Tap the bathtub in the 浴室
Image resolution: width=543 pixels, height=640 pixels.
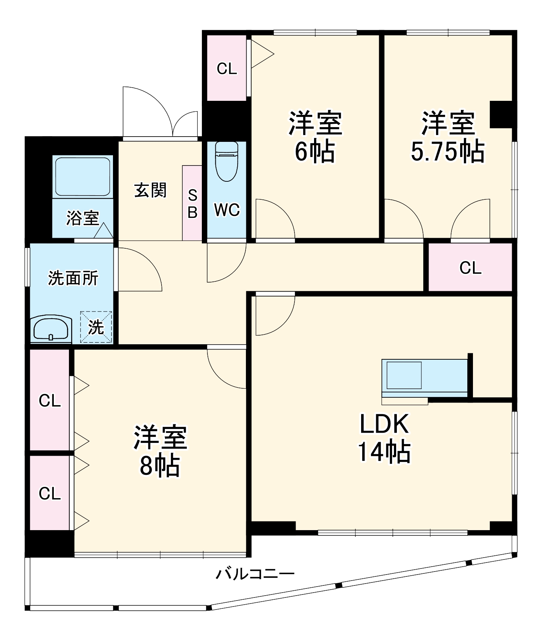[x=82, y=176]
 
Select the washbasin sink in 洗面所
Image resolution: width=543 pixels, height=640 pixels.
[x=51, y=329]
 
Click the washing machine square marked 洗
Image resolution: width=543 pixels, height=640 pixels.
[x=96, y=327]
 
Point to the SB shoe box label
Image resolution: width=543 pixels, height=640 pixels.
[x=192, y=204]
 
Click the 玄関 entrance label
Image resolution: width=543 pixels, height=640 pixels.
[x=150, y=190]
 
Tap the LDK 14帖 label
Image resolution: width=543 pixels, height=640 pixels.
[x=384, y=438]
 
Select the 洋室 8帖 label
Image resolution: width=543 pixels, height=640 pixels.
[x=160, y=451]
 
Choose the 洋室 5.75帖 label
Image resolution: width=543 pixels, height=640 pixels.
[x=448, y=137]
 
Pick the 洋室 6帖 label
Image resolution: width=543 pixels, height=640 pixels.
[x=315, y=137]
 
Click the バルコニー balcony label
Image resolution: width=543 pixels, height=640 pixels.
[x=255, y=574]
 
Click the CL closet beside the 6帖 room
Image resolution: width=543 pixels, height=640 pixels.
[x=227, y=68]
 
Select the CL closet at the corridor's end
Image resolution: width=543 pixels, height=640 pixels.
[x=470, y=268]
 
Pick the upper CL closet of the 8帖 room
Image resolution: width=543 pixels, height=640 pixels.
[x=50, y=400]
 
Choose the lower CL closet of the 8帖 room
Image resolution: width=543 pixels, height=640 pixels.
[x=50, y=493]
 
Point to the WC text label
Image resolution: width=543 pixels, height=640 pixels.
[x=227, y=210]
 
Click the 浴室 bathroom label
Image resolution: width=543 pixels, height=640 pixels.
[x=82, y=218]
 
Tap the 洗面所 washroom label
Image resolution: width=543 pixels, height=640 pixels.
[x=73, y=278]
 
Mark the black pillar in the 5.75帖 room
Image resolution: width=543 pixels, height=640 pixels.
[x=501, y=114]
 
